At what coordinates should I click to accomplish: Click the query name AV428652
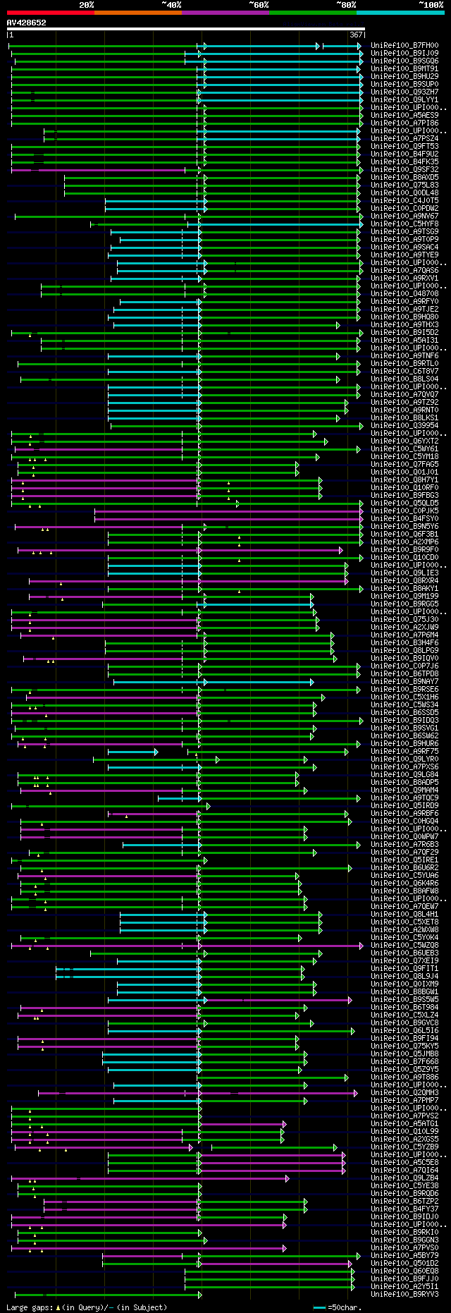click(x=26, y=23)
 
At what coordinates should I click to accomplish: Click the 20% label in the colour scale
click(x=86, y=4)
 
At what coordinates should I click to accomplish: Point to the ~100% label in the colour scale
click(x=431, y=4)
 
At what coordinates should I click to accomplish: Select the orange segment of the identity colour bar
click(x=137, y=12)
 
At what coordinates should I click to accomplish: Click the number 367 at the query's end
click(x=355, y=35)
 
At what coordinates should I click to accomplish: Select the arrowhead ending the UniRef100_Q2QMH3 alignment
click(x=356, y=1093)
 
